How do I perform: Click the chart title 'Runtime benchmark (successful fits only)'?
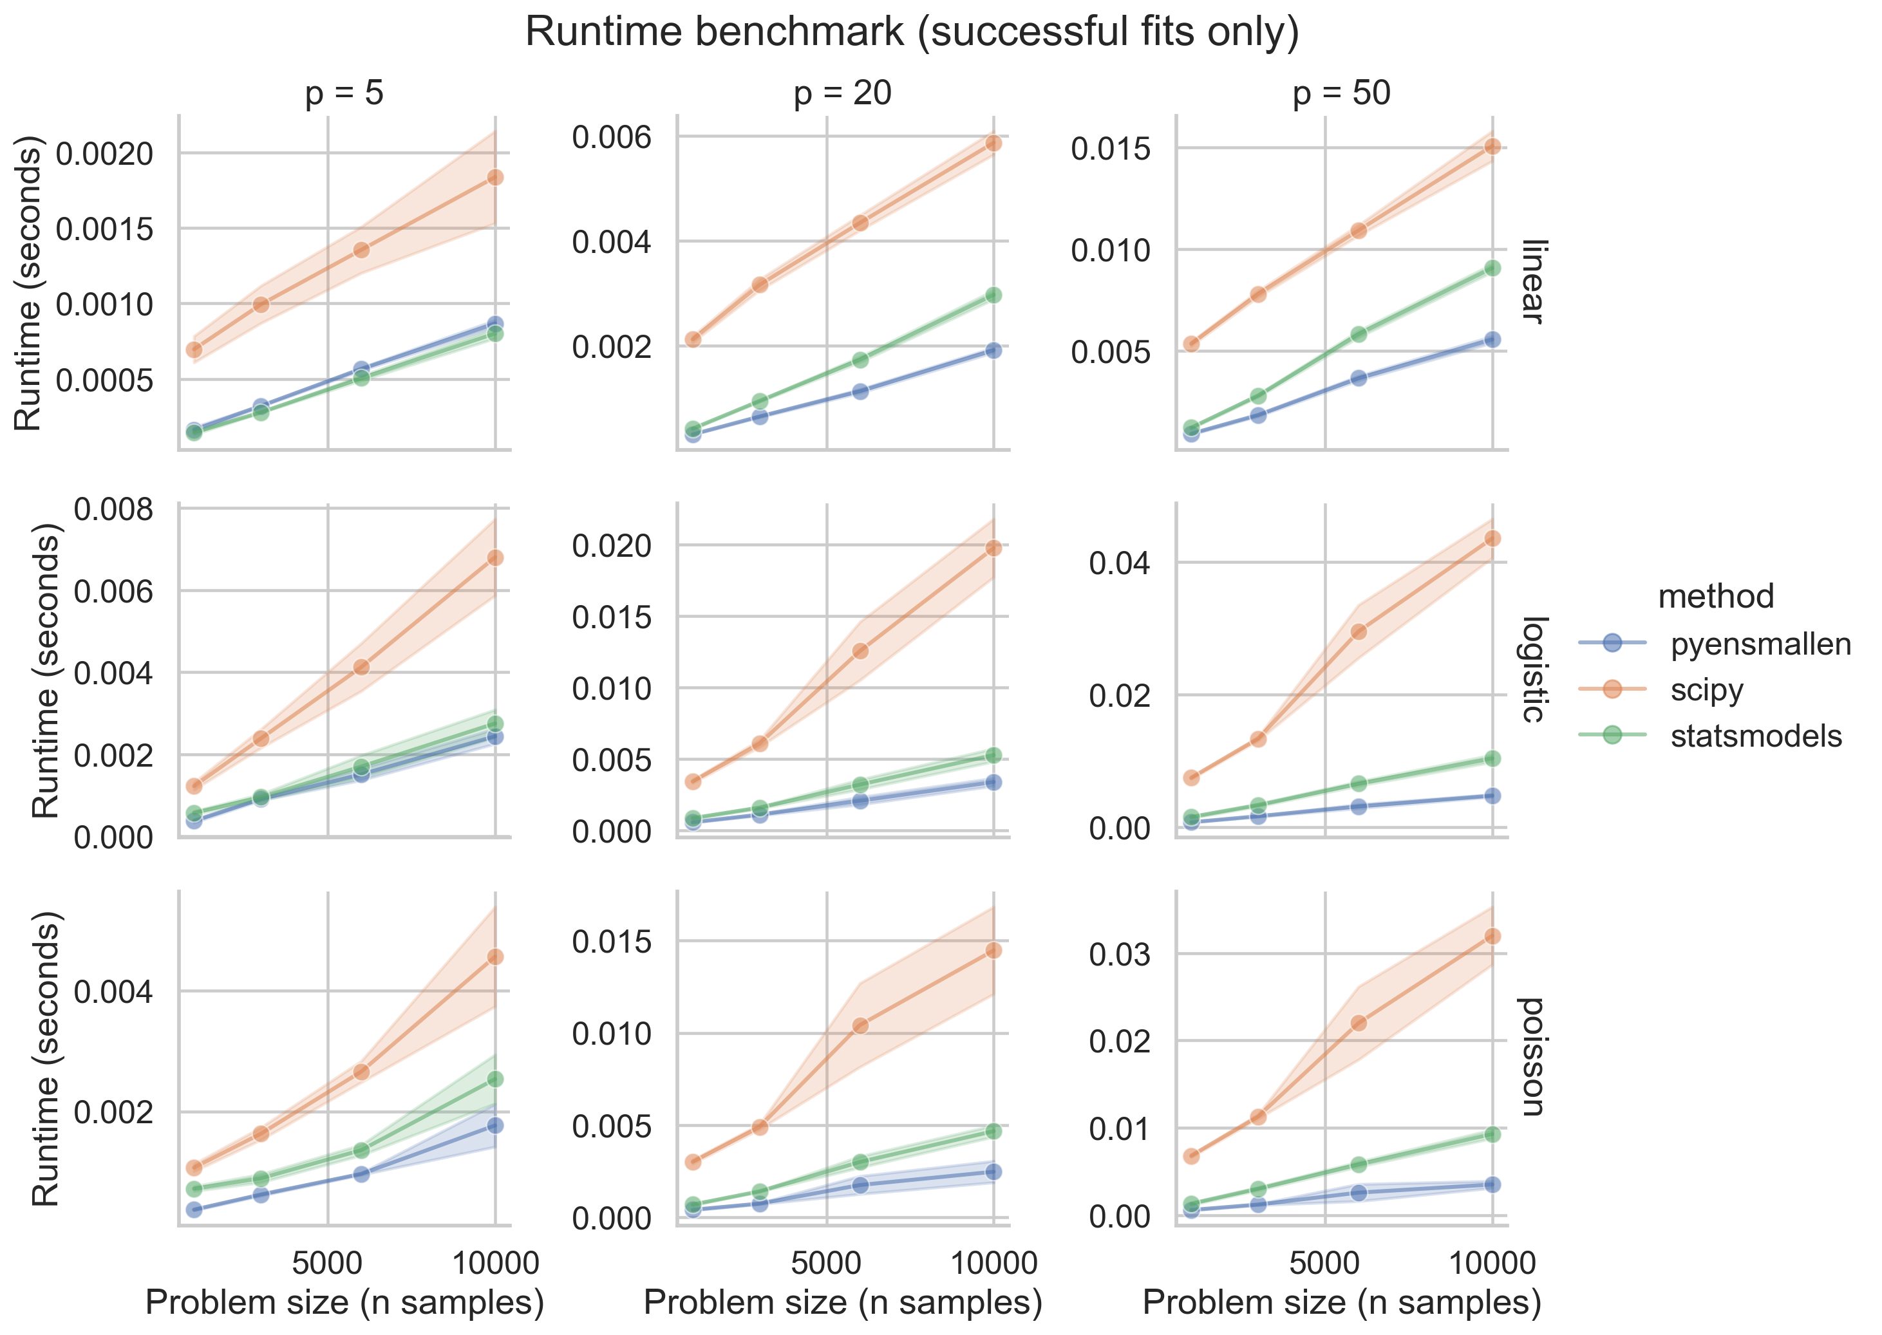[x=912, y=33]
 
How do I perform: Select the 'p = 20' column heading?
[x=842, y=93]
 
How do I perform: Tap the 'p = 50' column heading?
[x=1341, y=93]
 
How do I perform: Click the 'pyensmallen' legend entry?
[x=1760, y=644]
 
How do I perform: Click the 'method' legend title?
[x=1715, y=596]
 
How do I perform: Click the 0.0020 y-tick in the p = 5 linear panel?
[x=104, y=154]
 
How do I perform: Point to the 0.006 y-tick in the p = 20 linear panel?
[x=611, y=136]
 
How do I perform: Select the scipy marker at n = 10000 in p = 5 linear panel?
[x=495, y=178]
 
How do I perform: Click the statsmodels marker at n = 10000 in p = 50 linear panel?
[x=1492, y=268]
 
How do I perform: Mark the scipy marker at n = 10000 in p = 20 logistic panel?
[x=993, y=548]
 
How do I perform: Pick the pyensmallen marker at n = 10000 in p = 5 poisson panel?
[x=495, y=1125]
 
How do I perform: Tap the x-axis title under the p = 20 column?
[x=843, y=1303]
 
